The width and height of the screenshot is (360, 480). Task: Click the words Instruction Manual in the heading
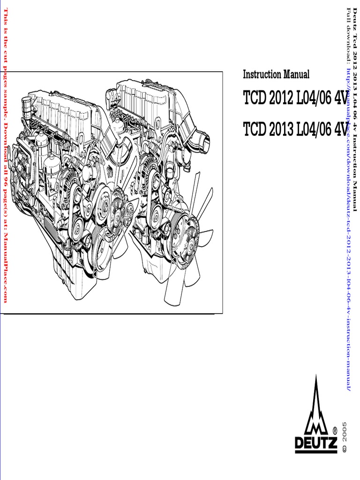point(276,75)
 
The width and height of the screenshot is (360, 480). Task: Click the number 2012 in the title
point(282,99)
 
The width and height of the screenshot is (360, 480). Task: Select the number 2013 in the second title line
point(282,129)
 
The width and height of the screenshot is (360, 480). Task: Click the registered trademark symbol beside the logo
point(334,429)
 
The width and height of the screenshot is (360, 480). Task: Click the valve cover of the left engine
point(61,112)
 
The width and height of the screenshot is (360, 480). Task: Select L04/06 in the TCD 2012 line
point(314,99)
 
